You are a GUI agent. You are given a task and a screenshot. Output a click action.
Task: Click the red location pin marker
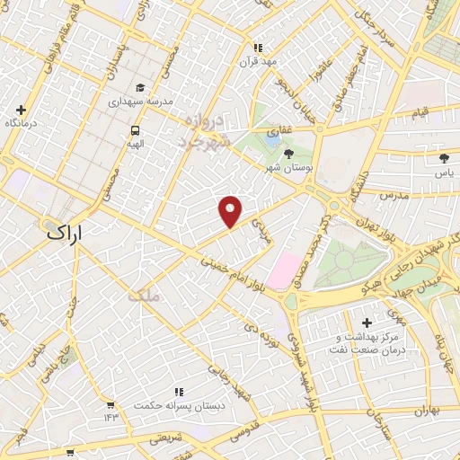point(231,210)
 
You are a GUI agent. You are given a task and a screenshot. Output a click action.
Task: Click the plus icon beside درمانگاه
point(21,110)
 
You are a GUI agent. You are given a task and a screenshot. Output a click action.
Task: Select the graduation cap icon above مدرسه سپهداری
point(139,88)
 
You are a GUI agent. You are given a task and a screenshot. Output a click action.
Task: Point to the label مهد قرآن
point(259,61)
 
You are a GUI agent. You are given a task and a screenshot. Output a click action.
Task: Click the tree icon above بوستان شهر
point(288,155)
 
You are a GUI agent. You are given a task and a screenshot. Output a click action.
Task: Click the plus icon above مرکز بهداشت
point(366,322)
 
